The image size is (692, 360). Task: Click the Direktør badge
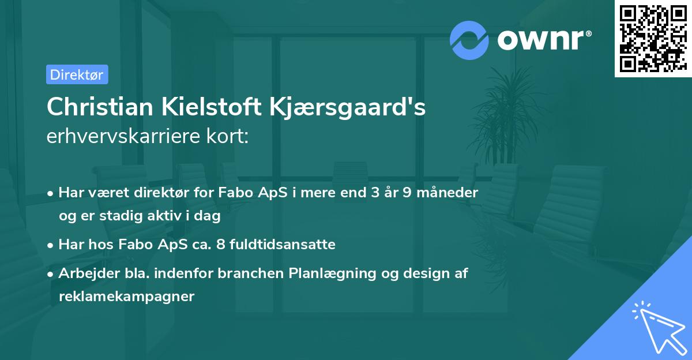pyautogui.click(x=77, y=74)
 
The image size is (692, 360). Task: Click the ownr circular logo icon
pyautogui.click(x=469, y=40)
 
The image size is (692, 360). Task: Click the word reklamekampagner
pyautogui.click(x=127, y=297)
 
